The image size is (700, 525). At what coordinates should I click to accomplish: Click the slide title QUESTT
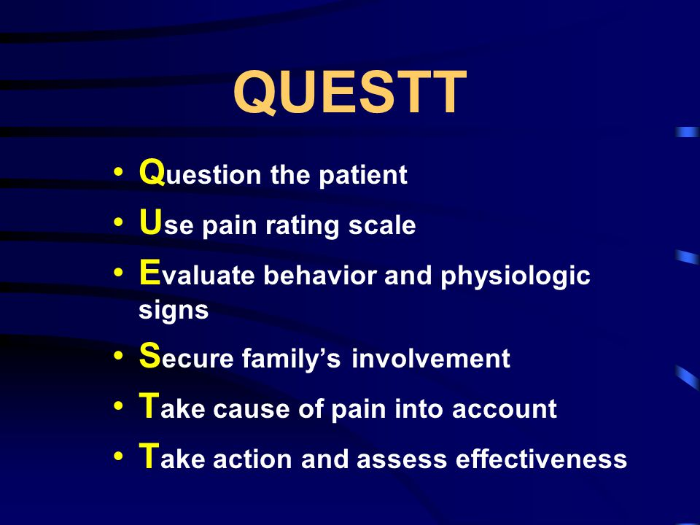(x=349, y=94)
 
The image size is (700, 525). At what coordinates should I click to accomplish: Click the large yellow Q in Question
(x=150, y=174)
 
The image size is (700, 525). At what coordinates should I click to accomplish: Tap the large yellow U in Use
(x=149, y=224)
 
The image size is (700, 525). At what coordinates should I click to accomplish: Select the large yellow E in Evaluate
(x=149, y=274)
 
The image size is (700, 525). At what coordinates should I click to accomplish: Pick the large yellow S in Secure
(x=149, y=357)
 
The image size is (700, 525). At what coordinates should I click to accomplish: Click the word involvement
(x=430, y=359)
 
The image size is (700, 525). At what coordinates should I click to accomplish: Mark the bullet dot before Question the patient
(x=119, y=174)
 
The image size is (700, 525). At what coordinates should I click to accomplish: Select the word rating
(x=299, y=227)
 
